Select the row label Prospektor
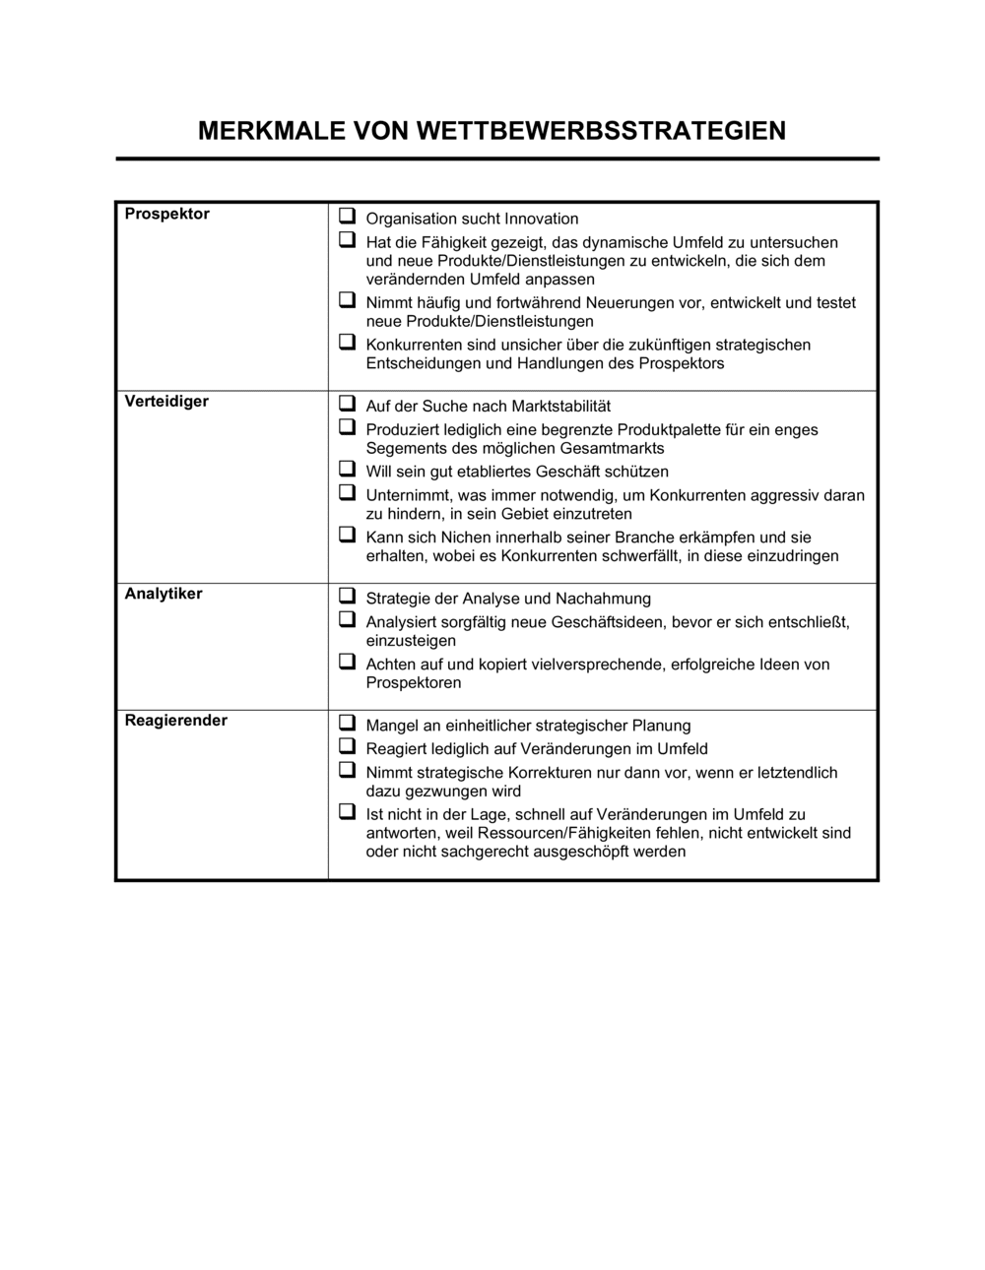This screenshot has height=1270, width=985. click(x=166, y=214)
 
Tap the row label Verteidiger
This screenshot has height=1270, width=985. click(x=166, y=401)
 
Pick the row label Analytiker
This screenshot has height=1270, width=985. click(x=164, y=594)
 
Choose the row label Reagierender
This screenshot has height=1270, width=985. click(x=175, y=720)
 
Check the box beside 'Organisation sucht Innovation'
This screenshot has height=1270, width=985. click(x=347, y=216)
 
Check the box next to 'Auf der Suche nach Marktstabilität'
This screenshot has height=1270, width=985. click(x=347, y=403)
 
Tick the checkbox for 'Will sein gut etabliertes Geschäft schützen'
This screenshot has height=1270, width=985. click(x=347, y=469)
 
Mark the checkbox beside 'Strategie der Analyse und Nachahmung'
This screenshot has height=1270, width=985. click(x=347, y=596)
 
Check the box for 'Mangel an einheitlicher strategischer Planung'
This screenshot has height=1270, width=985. click(x=347, y=723)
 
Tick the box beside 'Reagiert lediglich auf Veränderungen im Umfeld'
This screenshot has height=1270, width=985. click(x=347, y=745)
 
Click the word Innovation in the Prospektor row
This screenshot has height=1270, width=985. click(x=541, y=219)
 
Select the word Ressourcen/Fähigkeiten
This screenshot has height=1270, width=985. click(x=581, y=833)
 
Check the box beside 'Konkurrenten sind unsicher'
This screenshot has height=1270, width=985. click(x=347, y=342)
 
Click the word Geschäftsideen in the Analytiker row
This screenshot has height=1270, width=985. click(x=609, y=622)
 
